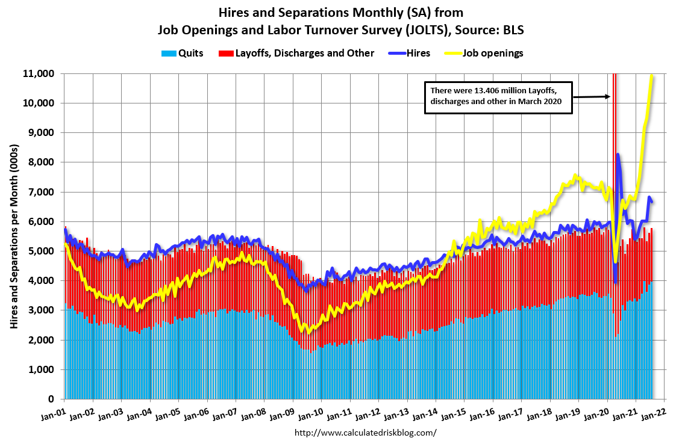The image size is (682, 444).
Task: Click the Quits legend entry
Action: tap(182, 53)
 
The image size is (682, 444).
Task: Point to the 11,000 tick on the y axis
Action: tap(39, 73)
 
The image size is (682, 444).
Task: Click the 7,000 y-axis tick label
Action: tap(42, 192)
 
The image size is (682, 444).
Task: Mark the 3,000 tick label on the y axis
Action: tap(42, 310)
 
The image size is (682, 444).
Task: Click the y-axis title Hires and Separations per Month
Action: tap(14, 236)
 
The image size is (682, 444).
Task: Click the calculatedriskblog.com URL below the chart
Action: tap(365, 433)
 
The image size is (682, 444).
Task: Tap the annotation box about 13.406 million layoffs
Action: tap(497, 96)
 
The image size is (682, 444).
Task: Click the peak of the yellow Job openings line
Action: tap(652, 76)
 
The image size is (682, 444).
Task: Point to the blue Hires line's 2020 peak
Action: tap(618, 155)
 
